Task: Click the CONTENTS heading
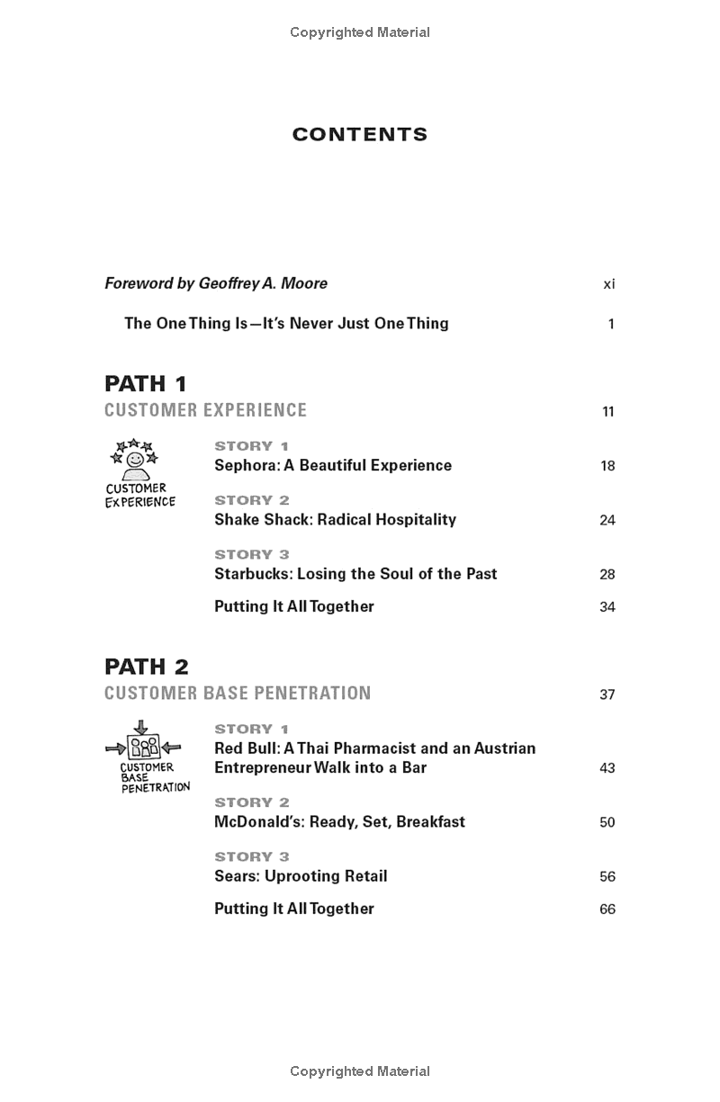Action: (360, 135)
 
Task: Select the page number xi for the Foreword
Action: (609, 284)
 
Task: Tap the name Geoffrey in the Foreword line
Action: (228, 283)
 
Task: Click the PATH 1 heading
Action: (146, 384)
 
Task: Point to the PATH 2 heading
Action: (147, 667)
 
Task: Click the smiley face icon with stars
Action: (133, 459)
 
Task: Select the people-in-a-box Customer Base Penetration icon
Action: (143, 746)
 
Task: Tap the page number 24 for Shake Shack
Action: (607, 520)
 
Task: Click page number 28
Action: (607, 574)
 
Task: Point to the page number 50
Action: (607, 822)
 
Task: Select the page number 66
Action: (607, 909)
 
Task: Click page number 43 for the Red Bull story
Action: (607, 768)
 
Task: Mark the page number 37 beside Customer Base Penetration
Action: (607, 694)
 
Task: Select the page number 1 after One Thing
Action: (611, 324)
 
